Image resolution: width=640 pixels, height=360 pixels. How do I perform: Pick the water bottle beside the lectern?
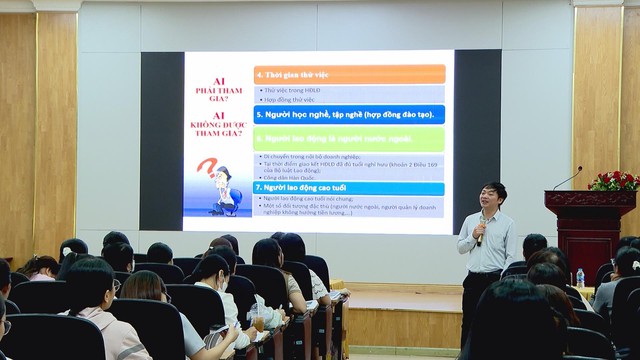tap(579, 277)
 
